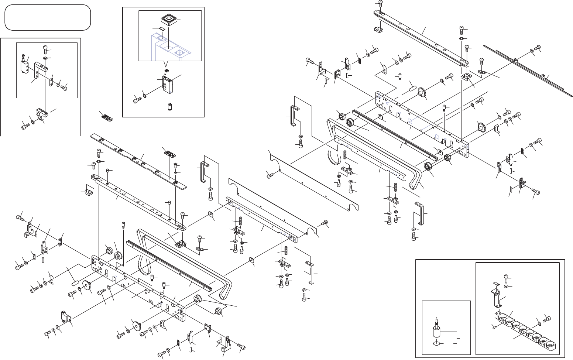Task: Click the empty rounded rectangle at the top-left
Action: [x=48, y=17]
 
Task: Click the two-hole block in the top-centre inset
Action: [x=167, y=84]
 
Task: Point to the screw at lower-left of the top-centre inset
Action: [x=137, y=99]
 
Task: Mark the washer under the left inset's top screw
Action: [x=45, y=58]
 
